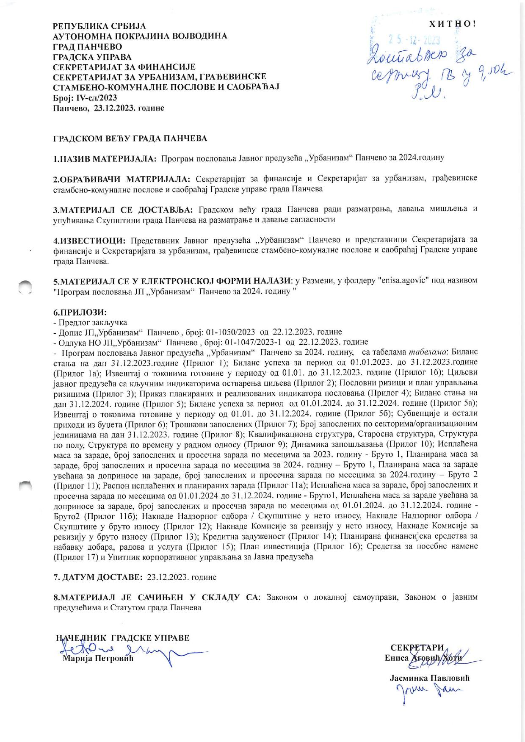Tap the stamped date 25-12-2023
414,41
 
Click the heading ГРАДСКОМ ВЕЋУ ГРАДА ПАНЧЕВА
130,138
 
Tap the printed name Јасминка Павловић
429,678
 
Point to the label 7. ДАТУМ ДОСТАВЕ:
98,577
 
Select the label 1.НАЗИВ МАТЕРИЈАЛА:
105,158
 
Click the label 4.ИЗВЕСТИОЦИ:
90,241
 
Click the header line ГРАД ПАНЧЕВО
88,47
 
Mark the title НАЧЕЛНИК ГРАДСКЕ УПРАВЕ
123,638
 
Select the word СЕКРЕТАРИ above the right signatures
417,648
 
